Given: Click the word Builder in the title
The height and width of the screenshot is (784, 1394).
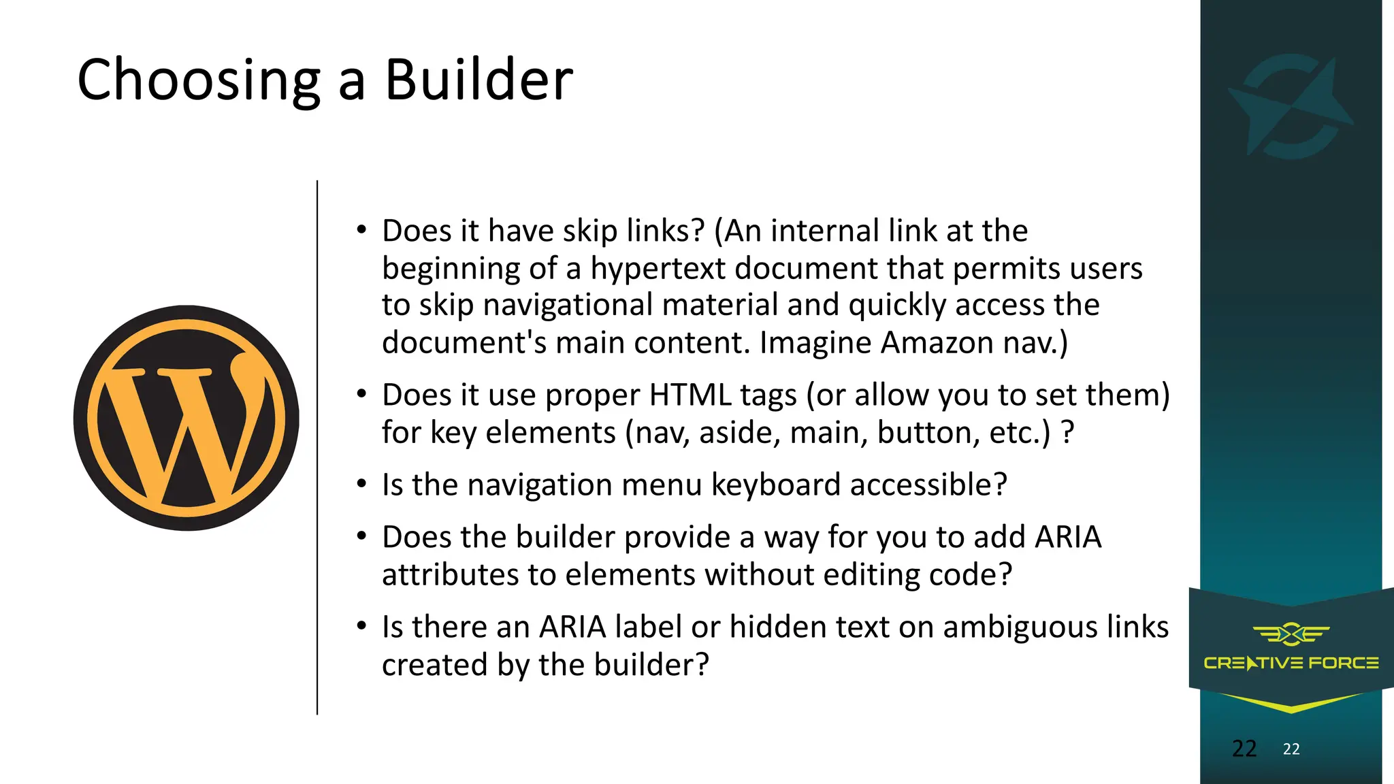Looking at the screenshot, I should [x=479, y=80].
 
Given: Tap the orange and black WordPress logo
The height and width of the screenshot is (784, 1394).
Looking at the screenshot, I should [x=187, y=418].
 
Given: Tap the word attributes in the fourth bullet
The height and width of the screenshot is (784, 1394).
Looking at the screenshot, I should [x=450, y=574].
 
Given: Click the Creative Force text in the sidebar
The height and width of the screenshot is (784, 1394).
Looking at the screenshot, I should [x=1291, y=663].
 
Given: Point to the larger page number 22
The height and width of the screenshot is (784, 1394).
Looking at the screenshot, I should [x=1244, y=749].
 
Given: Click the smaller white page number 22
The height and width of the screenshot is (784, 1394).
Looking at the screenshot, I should [x=1291, y=749].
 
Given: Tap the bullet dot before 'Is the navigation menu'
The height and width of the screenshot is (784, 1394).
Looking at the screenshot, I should [x=362, y=485].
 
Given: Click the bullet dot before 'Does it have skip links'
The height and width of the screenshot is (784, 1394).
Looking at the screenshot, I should [x=362, y=230].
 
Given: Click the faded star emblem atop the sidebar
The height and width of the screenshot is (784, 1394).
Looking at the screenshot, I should [x=1291, y=106].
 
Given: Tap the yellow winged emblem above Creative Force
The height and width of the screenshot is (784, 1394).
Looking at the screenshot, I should [x=1291, y=634].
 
